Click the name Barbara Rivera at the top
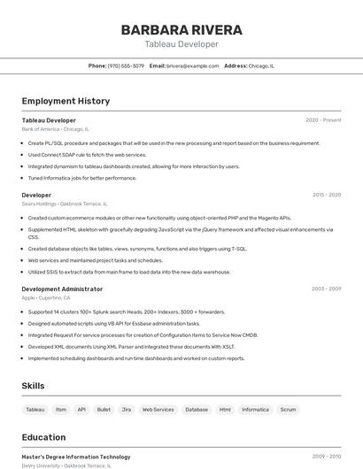click(x=181, y=29)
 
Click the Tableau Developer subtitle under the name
click(x=181, y=44)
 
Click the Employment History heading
click(x=66, y=101)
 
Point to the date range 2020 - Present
click(x=323, y=119)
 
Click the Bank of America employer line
click(x=56, y=129)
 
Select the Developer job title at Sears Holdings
click(x=36, y=195)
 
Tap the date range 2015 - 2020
click(x=326, y=195)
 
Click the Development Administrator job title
click(x=62, y=288)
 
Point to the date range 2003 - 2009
click(x=326, y=288)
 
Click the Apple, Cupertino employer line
click(x=46, y=298)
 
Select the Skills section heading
click(x=33, y=386)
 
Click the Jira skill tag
click(x=127, y=410)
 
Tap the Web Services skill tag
click(x=158, y=410)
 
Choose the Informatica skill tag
click(x=255, y=410)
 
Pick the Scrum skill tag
click(x=288, y=410)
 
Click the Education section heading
click(x=43, y=437)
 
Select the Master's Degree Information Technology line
click(x=75, y=457)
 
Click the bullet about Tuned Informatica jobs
click(x=82, y=178)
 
